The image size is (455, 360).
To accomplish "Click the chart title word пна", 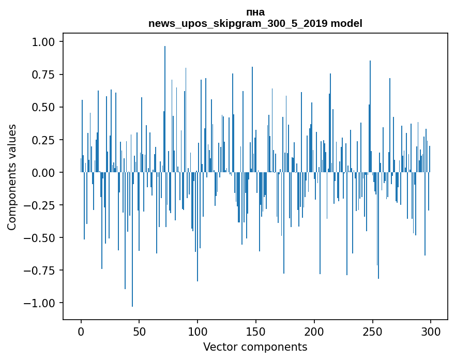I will pyautogui.click(x=255, y=12).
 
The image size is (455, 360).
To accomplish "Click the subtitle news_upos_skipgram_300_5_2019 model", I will pyautogui.click(x=255, y=23).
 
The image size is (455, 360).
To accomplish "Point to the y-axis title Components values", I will pyautogui.click(x=12, y=177).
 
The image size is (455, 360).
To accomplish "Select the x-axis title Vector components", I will pyautogui.click(x=255, y=347).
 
